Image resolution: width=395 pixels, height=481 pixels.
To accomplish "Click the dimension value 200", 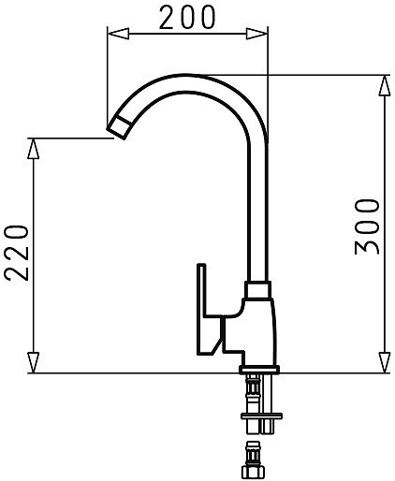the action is tap(187, 18).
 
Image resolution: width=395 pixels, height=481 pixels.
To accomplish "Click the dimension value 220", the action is tap(17, 253).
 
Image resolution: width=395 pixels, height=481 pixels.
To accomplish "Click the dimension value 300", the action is tap(367, 227).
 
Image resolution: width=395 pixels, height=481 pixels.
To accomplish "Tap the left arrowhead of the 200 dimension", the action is tap(118, 34).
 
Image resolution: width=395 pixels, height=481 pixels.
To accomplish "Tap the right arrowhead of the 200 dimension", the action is tap(256, 34).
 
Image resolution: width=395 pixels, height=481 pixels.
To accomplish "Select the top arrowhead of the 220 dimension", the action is tap(34, 149).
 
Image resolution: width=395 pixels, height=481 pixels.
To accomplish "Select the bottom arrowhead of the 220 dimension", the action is tap(34, 362).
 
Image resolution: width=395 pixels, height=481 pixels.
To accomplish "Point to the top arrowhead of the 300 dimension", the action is tap(385, 85).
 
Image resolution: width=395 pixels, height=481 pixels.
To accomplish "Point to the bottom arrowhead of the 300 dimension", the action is tap(385, 362).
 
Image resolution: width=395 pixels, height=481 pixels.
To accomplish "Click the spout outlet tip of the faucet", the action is tap(119, 127).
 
